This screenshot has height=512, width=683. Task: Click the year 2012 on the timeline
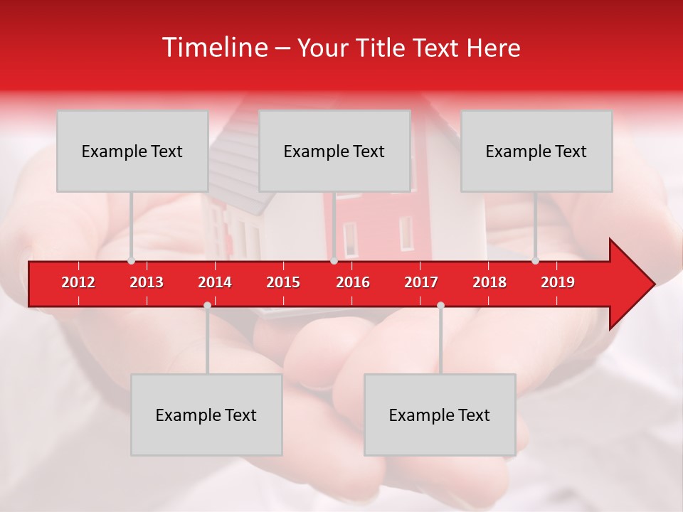point(78,282)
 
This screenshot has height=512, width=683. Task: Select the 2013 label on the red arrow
point(147,282)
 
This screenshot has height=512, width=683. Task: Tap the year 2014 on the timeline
point(215,282)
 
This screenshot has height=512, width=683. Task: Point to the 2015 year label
point(283,282)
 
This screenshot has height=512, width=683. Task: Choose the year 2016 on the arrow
point(353,282)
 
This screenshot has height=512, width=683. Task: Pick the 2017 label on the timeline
point(421,282)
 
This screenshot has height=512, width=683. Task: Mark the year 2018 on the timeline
point(489,282)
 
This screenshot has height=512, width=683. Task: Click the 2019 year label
point(558,282)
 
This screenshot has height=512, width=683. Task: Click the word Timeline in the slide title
point(213,48)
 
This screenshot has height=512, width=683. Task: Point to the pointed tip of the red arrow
point(653,284)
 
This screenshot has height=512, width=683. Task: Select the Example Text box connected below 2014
point(206,415)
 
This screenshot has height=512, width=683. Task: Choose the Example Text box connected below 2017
point(440,415)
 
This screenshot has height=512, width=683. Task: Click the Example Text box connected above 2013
point(132,151)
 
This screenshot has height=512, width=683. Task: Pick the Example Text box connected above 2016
point(334,151)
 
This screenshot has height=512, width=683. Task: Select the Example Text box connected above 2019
point(536,151)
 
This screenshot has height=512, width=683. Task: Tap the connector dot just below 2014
point(207,305)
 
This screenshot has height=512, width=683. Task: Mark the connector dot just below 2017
point(440,305)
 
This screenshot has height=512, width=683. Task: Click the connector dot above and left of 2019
point(536,261)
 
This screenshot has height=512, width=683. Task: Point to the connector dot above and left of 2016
point(334,261)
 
